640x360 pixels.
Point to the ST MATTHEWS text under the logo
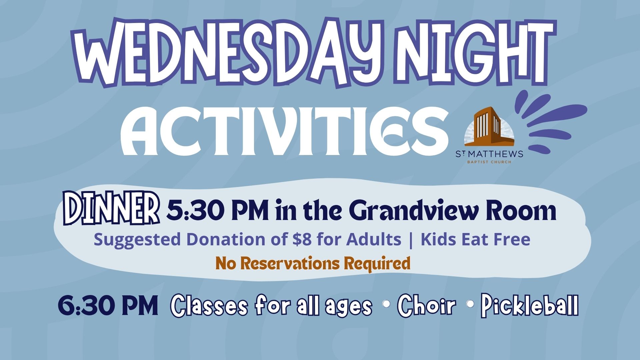(x=489, y=154)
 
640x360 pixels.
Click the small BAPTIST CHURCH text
(x=489, y=162)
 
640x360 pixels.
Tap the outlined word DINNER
(x=111, y=208)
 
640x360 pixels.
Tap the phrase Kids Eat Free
(x=475, y=239)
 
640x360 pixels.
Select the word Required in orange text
(x=377, y=264)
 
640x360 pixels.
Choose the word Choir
(x=426, y=305)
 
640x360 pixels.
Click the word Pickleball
(x=530, y=305)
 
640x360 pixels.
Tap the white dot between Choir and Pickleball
(x=471, y=304)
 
